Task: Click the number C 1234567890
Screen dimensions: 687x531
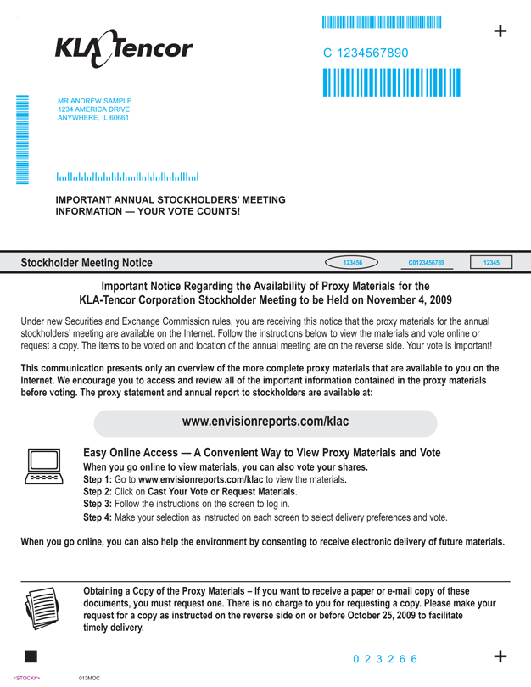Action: click(x=366, y=53)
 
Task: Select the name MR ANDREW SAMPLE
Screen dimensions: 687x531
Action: click(x=94, y=101)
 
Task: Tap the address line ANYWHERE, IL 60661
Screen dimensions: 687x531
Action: click(x=92, y=118)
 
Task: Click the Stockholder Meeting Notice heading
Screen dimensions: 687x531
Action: click(x=87, y=263)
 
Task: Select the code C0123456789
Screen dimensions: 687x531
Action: click(x=426, y=263)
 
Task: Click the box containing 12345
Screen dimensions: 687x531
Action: click(x=491, y=263)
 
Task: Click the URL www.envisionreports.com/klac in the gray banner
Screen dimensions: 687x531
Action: click(x=265, y=422)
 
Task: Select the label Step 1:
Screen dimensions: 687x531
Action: click(x=102, y=480)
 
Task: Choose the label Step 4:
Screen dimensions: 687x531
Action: click(x=102, y=517)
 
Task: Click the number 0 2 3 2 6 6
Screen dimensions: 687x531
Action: click(x=385, y=659)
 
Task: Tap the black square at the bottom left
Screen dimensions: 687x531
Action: click(x=31, y=656)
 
